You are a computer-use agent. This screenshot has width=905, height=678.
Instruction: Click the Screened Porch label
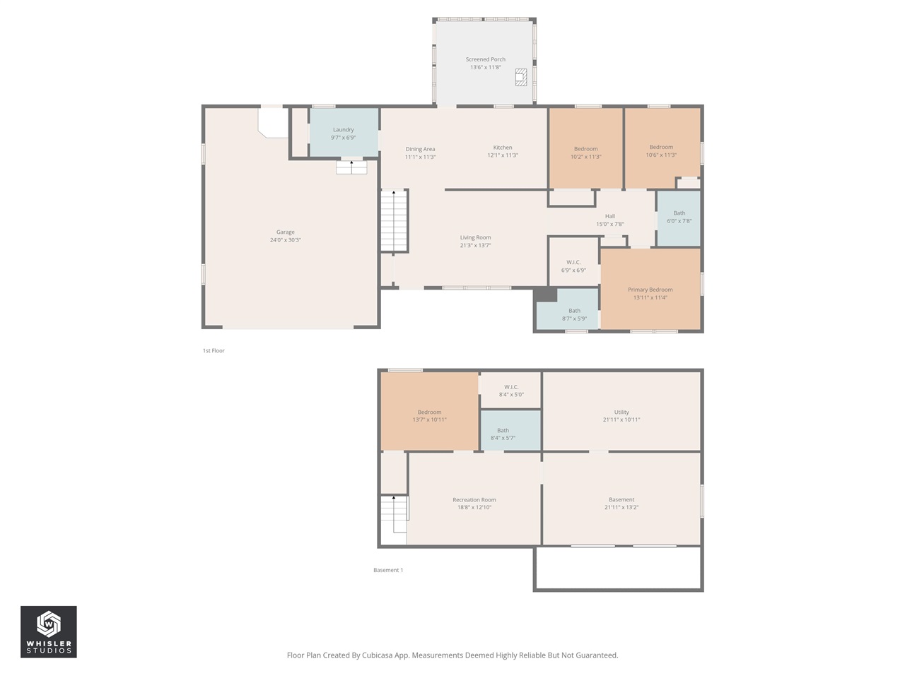point(485,60)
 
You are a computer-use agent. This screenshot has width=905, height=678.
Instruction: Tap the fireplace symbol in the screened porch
point(521,77)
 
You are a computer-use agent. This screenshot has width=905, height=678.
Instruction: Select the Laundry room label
point(343,130)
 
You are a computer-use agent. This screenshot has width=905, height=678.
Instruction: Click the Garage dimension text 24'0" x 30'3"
point(285,240)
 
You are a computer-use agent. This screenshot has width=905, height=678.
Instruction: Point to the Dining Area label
point(420,149)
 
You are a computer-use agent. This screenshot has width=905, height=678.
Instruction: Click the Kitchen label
point(503,148)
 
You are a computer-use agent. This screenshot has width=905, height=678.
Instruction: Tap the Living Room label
point(475,238)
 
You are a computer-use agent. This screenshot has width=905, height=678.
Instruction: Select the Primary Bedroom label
point(650,290)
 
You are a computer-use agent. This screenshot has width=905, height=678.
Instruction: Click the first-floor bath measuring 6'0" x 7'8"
point(679,217)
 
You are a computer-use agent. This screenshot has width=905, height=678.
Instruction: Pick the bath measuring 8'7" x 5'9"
point(574,314)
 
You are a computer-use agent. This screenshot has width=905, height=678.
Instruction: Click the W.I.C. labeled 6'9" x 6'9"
point(573,266)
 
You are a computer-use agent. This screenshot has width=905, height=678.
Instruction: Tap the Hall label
point(609,216)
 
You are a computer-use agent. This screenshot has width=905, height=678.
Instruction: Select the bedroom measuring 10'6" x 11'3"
point(661,151)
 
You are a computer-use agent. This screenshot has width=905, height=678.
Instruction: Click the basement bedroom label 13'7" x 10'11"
point(429,416)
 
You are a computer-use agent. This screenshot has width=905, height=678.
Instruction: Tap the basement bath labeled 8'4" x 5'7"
point(503,434)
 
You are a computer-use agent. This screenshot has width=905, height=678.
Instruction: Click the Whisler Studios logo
point(48,631)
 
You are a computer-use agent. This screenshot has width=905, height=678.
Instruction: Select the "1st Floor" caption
point(214,350)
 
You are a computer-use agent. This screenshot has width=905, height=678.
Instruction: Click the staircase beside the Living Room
point(394,220)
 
